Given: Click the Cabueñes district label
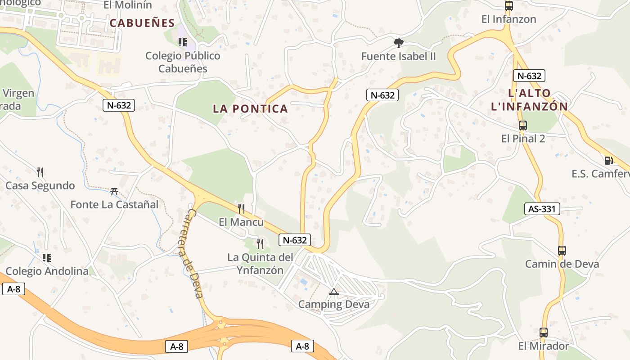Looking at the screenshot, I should click(142, 23).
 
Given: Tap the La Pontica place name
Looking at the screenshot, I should click(250, 108).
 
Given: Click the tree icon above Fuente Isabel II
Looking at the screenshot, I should click(398, 43).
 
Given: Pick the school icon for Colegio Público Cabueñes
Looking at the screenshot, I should click(182, 42).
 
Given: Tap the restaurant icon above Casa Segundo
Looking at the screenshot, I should click(40, 172).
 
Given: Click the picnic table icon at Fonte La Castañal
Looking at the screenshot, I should click(114, 191).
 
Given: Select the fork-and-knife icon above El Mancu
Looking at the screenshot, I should click(241, 208).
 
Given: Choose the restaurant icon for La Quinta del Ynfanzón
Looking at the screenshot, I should click(260, 244).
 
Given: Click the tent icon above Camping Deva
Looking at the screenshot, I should click(333, 292).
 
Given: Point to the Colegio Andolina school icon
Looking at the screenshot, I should click(46, 258).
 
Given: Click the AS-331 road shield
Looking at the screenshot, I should click(542, 209).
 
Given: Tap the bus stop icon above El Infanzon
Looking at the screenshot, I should click(509, 6).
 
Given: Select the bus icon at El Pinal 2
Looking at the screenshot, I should click(523, 126).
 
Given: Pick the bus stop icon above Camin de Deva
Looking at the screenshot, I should click(562, 251).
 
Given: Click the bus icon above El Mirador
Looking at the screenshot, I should click(544, 333).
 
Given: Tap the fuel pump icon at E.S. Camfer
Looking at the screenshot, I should click(608, 160).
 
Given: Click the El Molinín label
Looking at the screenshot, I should click(128, 5).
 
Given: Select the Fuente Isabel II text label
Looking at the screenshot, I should click(399, 56).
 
